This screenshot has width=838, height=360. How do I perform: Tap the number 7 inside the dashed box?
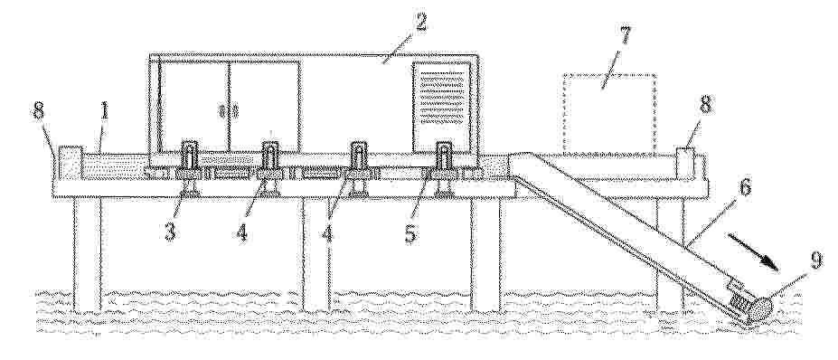tap(624, 37)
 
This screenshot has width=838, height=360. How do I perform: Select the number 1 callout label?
tap(105, 112)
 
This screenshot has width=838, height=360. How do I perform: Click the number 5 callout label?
tap(410, 232)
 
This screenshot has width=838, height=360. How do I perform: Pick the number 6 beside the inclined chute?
tap(745, 188)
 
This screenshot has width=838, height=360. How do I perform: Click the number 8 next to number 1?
tap(39, 112)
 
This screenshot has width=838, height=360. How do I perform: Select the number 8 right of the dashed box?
tap(706, 105)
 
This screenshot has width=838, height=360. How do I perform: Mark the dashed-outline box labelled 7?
tap(610, 113)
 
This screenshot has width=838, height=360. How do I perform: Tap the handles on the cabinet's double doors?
tap(229, 111)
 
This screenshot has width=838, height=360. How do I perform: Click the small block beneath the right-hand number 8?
tap(684, 163)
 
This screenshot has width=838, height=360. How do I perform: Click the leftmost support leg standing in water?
tap(87, 254)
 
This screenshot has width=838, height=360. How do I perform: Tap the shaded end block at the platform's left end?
tap(70, 163)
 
